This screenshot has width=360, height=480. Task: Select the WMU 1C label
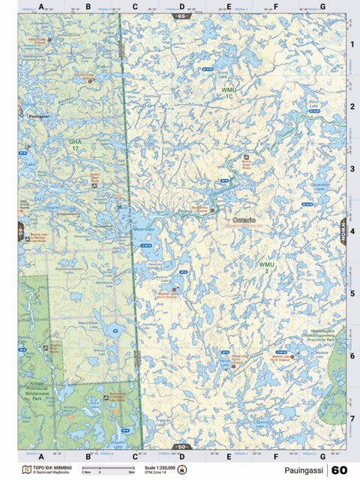[229, 93]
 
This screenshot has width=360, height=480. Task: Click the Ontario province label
[244, 220]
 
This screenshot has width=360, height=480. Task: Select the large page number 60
[339, 470]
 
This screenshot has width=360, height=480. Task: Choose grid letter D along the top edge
[181, 7]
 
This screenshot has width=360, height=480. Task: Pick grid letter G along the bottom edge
[322, 456]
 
